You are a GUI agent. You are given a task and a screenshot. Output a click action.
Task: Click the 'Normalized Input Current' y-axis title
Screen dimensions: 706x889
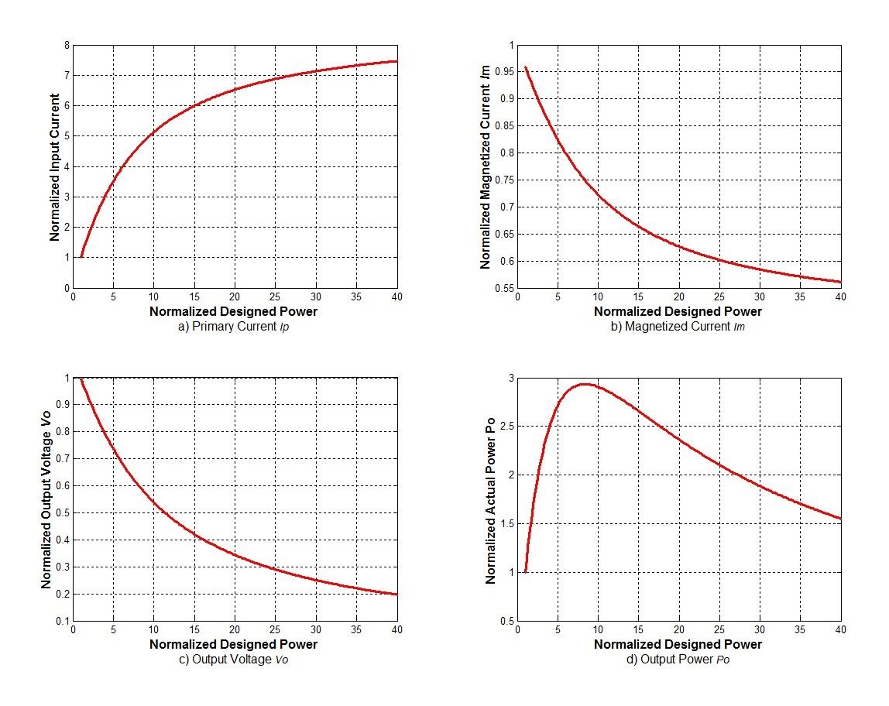point(55,166)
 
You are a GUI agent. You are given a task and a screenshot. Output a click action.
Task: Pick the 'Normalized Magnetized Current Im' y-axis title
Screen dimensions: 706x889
point(486,166)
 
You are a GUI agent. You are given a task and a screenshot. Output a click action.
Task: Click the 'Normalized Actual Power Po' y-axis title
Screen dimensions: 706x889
point(490,499)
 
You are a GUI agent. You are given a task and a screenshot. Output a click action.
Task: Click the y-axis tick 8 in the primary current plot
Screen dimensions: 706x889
point(67,46)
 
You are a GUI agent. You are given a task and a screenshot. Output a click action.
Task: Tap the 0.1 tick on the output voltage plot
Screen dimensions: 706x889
point(62,621)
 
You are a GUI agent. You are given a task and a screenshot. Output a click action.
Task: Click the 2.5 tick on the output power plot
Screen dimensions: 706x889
point(507,427)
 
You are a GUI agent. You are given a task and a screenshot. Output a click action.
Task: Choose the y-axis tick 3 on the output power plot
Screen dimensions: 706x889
point(510,378)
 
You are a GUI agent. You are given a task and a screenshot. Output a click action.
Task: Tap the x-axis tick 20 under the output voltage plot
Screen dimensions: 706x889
point(235,629)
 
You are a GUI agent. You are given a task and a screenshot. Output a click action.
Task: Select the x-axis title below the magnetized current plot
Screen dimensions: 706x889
point(678,311)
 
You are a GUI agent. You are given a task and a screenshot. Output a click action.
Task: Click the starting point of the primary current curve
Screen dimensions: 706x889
point(81,257)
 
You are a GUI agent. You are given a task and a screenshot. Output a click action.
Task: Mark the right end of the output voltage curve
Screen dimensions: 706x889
point(397,594)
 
